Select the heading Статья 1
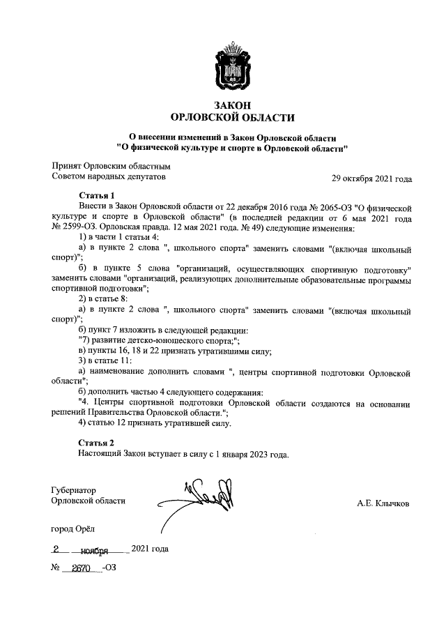[x=96, y=196]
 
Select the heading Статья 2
[x=96, y=443]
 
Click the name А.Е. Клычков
[x=383, y=503]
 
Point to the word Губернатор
[x=74, y=490]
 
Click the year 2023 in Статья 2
[x=254, y=454]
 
